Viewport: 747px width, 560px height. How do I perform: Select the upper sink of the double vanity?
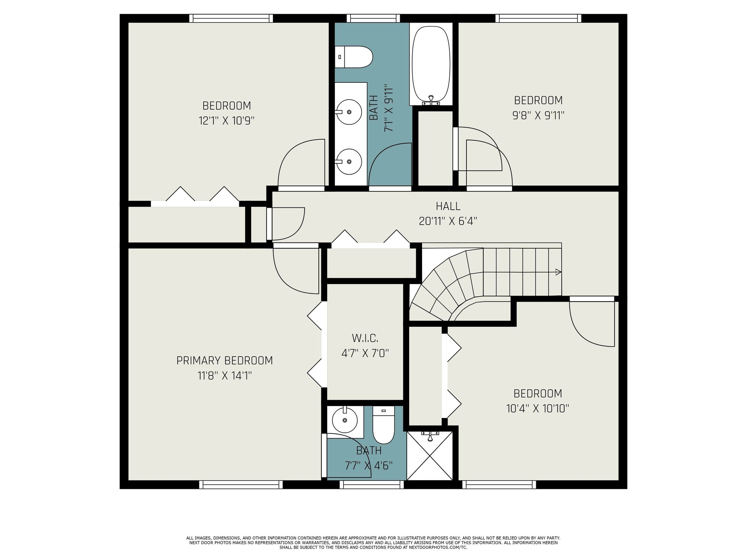point(349,112)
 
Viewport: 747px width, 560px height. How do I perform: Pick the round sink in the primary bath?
point(345,420)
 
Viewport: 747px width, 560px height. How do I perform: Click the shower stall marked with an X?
point(430,456)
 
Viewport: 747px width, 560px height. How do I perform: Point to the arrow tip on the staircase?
point(558,272)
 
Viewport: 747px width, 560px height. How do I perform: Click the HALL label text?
point(448,206)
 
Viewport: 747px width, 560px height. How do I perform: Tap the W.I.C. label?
point(365,338)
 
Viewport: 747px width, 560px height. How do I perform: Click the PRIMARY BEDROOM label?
point(225,361)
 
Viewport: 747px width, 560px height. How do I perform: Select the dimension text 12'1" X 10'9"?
point(226,121)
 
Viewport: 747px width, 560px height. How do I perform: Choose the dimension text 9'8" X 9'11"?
point(538,116)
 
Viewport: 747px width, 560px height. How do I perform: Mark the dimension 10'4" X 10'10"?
point(538,408)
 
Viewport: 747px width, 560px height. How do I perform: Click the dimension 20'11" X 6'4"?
point(448,221)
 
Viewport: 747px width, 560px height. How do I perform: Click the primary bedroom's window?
point(241,485)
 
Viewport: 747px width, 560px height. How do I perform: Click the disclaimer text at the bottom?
point(373,542)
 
